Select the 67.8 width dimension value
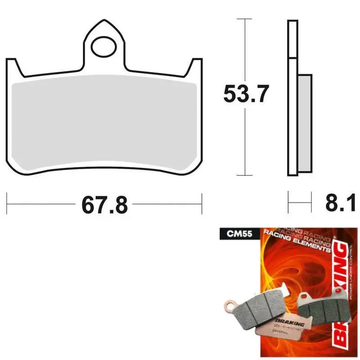pyautogui.click(x=104, y=205)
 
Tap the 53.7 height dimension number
pyautogui.click(x=246, y=94)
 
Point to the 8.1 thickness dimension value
pyautogui.click(x=338, y=204)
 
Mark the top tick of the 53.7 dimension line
pyautogui.click(x=244, y=19)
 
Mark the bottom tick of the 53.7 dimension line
pyautogui.click(x=244, y=175)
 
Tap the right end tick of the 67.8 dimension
pyautogui.click(x=202, y=204)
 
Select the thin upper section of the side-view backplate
pyautogui.click(x=292, y=38)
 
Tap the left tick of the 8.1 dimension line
pyautogui.click(x=288, y=204)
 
